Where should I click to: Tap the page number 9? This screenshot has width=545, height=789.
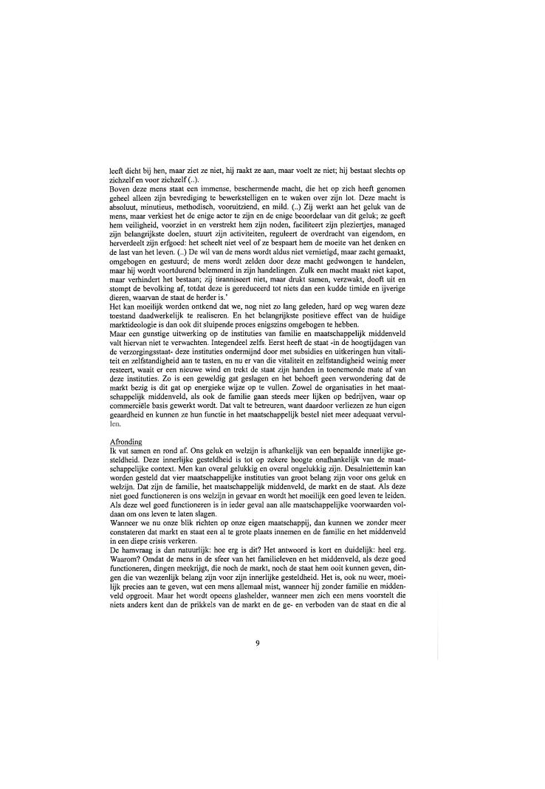[x=257, y=643]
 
